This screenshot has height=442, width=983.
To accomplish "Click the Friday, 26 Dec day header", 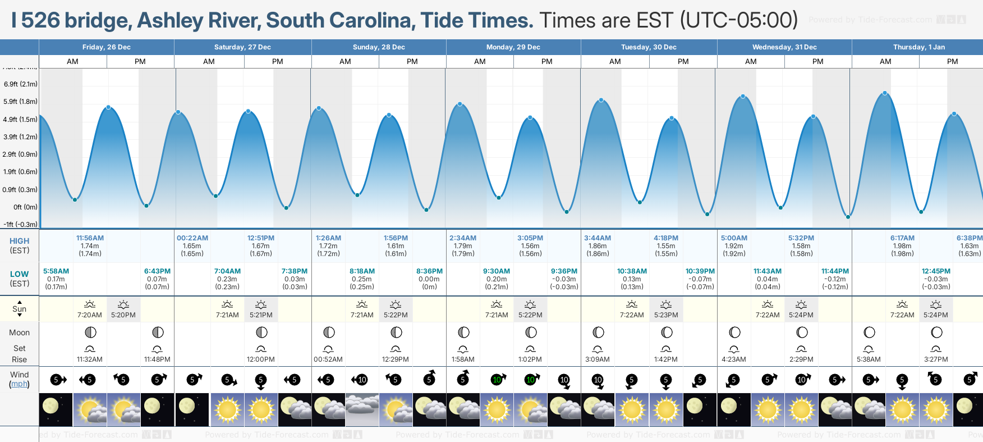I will (x=106, y=47).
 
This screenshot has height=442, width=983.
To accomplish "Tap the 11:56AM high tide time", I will (x=90, y=238).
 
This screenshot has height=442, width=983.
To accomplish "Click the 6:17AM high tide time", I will (x=902, y=238).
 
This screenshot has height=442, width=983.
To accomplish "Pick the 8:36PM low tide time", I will (x=429, y=271).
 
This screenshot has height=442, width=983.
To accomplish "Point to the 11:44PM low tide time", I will (x=835, y=271).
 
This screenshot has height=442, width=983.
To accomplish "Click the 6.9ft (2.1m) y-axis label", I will (x=21, y=84).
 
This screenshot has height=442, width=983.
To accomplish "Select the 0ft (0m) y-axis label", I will (x=25, y=207).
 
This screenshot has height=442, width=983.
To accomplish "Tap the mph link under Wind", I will (x=19, y=384).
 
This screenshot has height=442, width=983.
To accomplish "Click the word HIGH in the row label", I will (x=19, y=241).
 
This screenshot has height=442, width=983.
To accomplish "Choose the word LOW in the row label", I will (x=19, y=274).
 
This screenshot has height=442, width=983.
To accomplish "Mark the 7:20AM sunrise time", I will (x=90, y=315).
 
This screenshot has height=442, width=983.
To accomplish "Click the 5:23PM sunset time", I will (x=666, y=315).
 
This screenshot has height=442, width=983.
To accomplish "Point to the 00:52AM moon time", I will (x=328, y=359).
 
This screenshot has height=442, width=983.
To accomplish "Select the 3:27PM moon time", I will (x=936, y=359).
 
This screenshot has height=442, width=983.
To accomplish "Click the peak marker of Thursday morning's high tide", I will (x=885, y=93).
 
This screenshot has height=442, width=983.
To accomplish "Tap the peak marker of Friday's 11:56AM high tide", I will (x=108, y=107).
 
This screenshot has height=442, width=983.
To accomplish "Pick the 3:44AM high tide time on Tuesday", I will (x=598, y=238).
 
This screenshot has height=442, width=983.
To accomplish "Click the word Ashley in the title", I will (x=171, y=21).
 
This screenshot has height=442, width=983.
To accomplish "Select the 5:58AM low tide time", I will (x=56, y=271).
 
